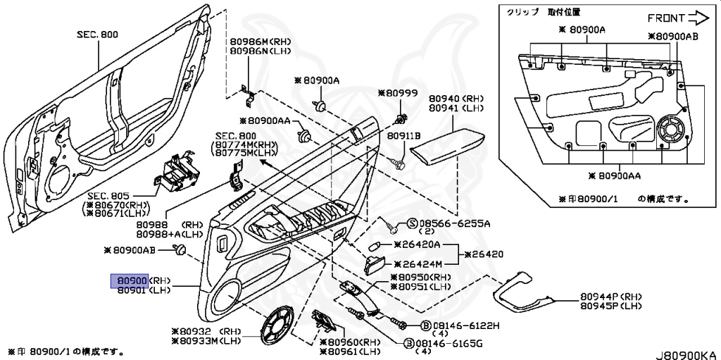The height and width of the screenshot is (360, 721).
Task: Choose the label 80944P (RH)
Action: click(612, 297)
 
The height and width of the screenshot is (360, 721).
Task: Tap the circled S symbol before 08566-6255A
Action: click(413, 223)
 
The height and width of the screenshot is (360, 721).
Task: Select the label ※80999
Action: click(398, 92)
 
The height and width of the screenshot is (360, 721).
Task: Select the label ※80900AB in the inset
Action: click(672, 36)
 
